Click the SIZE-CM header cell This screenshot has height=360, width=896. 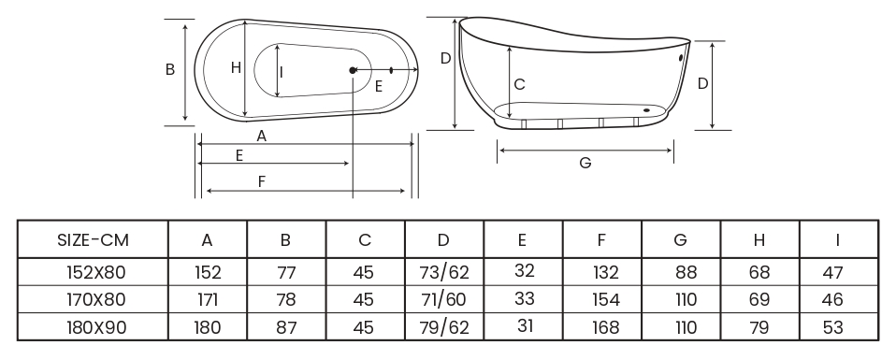pos(93,240)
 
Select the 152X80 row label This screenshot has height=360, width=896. pos(95,272)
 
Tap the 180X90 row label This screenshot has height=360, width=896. pos(96,327)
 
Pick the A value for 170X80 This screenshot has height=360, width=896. pos(207,299)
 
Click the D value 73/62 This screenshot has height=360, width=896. pos(444,272)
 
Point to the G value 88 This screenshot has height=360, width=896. pos(686,272)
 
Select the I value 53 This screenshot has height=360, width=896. pos(832,327)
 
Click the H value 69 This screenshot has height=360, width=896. pos(759,299)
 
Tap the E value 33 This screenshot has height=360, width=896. pos(524,298)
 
